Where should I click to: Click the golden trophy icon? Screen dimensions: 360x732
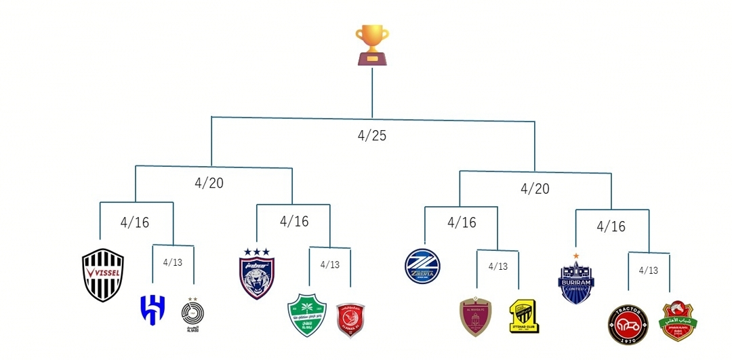(x=372, y=45)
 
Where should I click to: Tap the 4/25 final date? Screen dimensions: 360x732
(x=372, y=136)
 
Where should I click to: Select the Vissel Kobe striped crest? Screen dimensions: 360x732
(x=103, y=275)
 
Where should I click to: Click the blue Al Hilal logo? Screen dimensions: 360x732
(x=152, y=309)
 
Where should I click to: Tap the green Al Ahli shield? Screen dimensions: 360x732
(x=307, y=315)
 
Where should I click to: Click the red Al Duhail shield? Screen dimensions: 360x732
(x=350, y=319)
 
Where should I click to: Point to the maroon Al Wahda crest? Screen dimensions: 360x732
(x=476, y=316)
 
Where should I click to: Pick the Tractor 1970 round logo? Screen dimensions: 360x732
(x=628, y=323)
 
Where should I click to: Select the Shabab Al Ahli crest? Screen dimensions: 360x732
(x=677, y=321)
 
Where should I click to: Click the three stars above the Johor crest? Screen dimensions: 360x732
(x=257, y=252)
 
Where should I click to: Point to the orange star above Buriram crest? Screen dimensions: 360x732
(x=576, y=256)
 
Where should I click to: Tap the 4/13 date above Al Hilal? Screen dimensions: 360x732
(x=173, y=262)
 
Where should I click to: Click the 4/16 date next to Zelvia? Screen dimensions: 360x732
(x=462, y=222)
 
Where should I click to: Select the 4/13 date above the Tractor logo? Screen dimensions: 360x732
(x=649, y=270)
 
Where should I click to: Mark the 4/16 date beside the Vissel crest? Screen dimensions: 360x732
(x=135, y=222)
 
